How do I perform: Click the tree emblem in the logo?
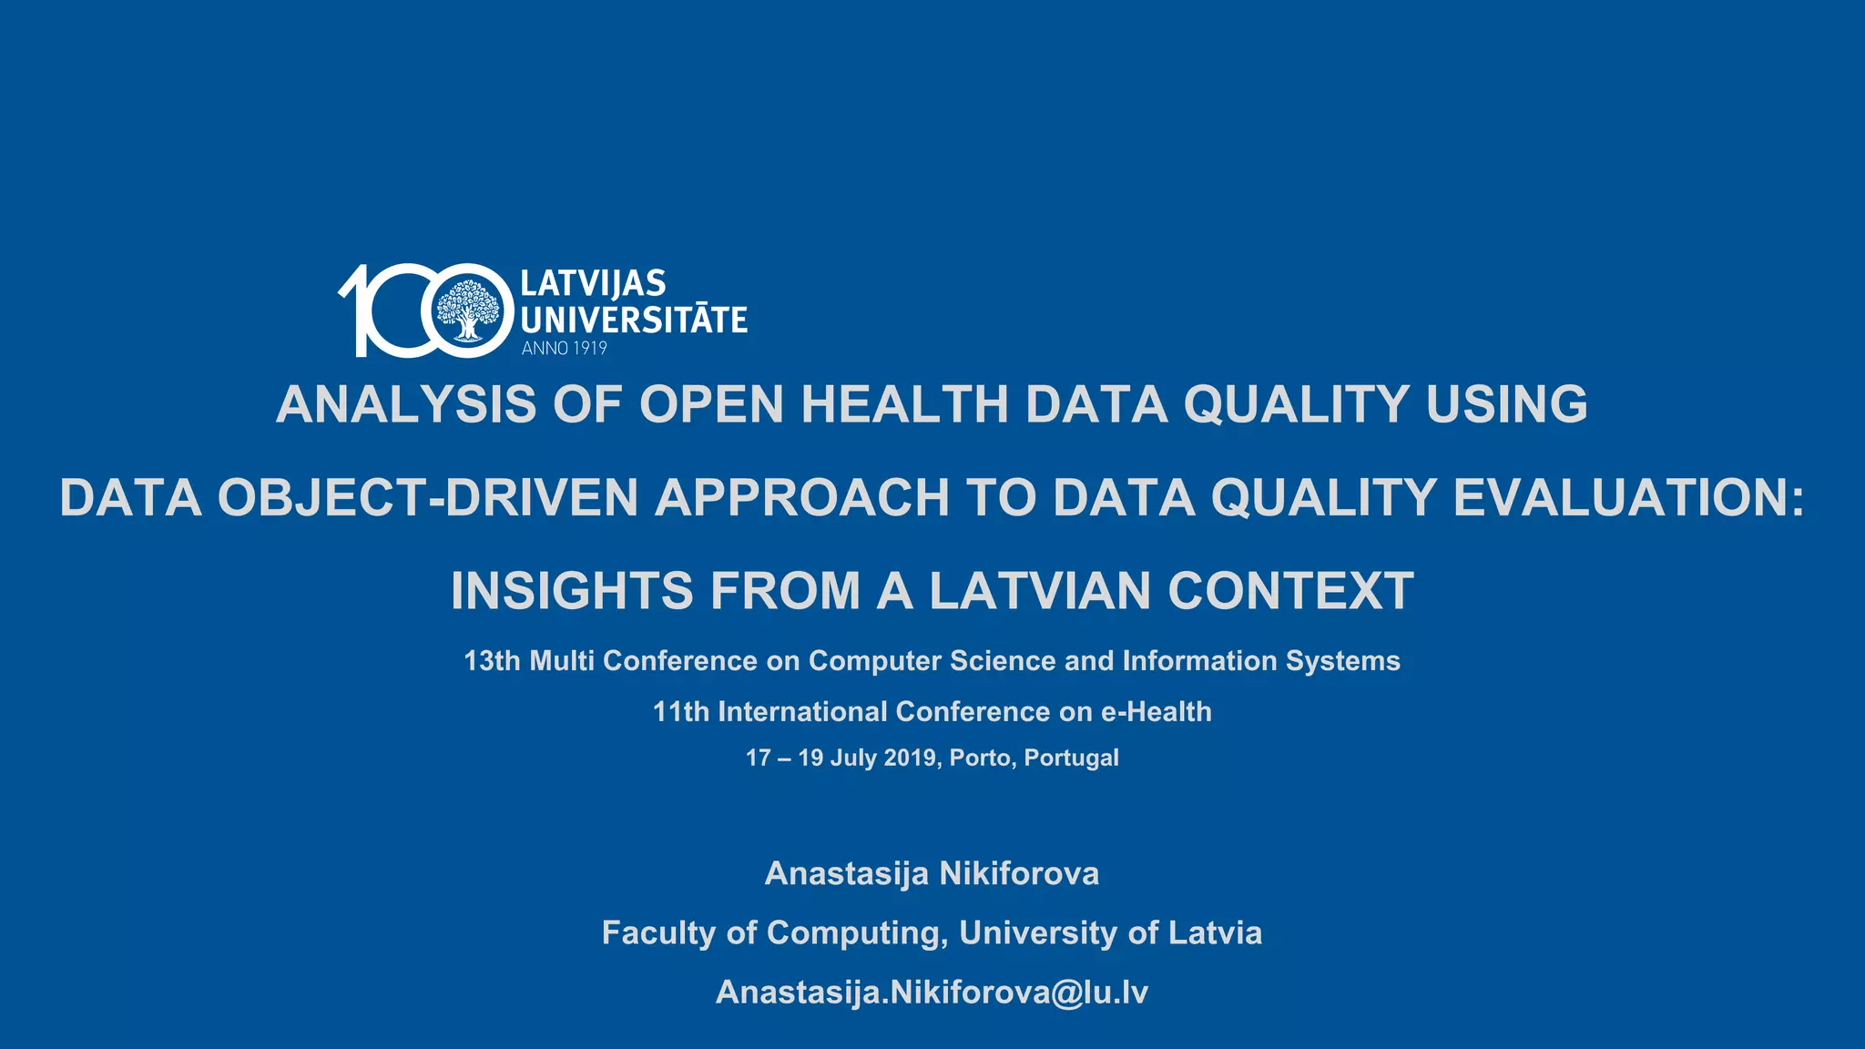pos(468,310)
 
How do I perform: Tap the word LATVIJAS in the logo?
pos(593,284)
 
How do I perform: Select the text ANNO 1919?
pos(564,348)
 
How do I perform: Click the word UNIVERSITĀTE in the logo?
pos(634,321)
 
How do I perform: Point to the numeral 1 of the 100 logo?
pos(357,310)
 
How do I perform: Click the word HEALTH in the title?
pos(904,404)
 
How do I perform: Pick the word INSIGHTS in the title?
pos(572,591)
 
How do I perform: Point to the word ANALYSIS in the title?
pos(406,404)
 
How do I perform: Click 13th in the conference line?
pos(492,661)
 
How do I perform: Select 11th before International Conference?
pos(680,712)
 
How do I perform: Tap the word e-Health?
pos(1157,712)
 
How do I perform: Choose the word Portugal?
pos(1071,759)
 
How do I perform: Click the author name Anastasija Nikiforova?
pos(932,874)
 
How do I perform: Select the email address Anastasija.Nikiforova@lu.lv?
pos(932,993)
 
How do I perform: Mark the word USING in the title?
pos(1506,404)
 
